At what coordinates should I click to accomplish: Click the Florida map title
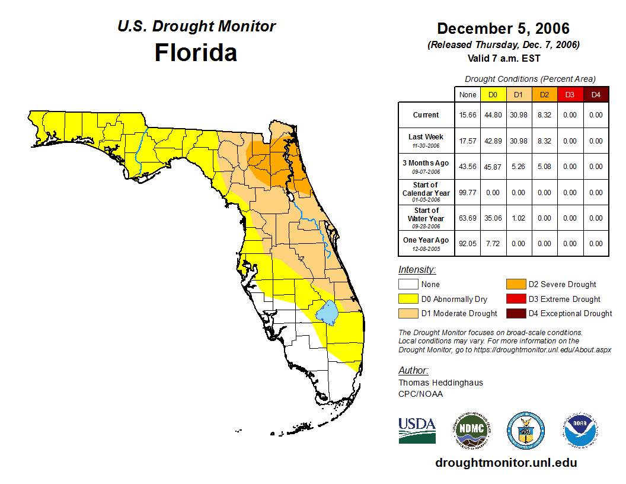coord(196,52)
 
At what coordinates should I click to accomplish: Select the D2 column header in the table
coord(544,94)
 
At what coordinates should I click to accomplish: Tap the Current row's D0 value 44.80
coord(493,115)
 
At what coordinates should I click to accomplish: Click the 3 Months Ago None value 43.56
coord(467,167)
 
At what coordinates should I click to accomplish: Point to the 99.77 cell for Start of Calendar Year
coord(467,193)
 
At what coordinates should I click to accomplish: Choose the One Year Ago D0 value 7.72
coord(493,244)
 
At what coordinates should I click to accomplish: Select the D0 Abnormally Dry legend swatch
coord(408,299)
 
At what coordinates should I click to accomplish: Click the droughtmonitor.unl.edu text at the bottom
coord(506,463)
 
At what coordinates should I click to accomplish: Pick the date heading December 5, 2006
coord(503,28)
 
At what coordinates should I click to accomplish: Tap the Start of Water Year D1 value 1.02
coord(518,218)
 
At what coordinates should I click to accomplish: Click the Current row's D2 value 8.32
coord(544,115)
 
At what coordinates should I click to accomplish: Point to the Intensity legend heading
coord(417,270)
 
